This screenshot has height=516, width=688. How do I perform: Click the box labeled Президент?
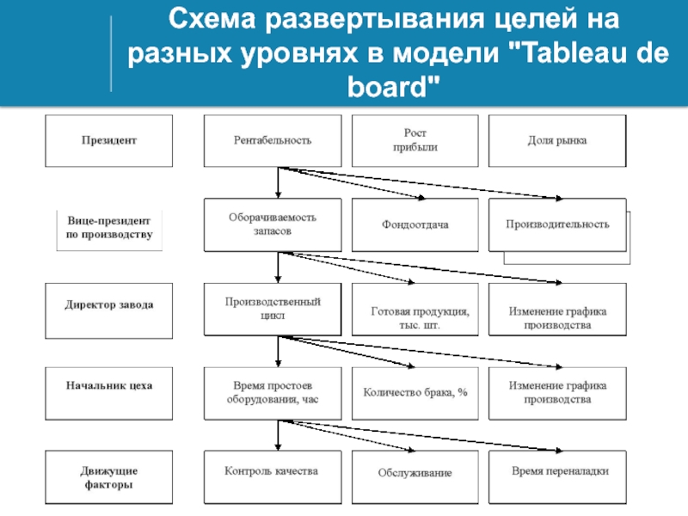click(x=109, y=141)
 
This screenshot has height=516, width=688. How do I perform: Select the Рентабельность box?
click(x=273, y=141)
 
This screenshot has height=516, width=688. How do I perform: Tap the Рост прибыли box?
click(x=415, y=141)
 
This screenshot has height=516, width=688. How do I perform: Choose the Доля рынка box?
click(x=557, y=141)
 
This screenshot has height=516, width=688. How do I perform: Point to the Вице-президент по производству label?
click(x=109, y=227)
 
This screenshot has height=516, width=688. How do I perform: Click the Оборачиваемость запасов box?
click(x=273, y=224)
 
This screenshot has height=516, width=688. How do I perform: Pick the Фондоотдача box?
click(x=415, y=224)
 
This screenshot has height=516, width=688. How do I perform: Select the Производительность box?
click(x=557, y=224)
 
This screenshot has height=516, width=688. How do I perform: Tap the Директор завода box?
click(x=109, y=310)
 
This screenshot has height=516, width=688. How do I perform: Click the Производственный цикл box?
click(x=273, y=310)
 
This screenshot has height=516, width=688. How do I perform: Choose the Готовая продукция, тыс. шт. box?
click(x=415, y=310)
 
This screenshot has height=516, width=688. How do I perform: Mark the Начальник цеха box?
click(x=109, y=394)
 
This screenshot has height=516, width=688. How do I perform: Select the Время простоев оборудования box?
click(x=273, y=394)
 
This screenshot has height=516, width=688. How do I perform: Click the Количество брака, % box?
click(x=415, y=394)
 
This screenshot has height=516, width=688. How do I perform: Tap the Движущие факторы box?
click(x=109, y=477)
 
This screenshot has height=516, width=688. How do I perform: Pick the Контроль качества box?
click(x=273, y=477)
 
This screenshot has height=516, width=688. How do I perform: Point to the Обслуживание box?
click(x=415, y=477)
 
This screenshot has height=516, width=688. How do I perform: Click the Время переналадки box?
click(x=557, y=477)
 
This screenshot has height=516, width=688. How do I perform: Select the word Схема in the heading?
click(x=212, y=19)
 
